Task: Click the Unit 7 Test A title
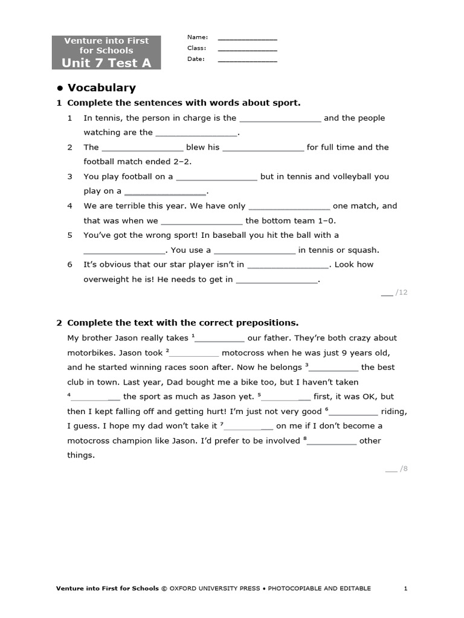coord(106,63)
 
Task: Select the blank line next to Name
coord(247,38)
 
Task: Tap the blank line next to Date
coord(247,60)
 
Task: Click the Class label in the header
coord(196,48)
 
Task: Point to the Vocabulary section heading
coord(101,88)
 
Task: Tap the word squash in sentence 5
coord(366,250)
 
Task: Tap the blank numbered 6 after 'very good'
coord(353,412)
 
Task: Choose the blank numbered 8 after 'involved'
coord(332,441)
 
